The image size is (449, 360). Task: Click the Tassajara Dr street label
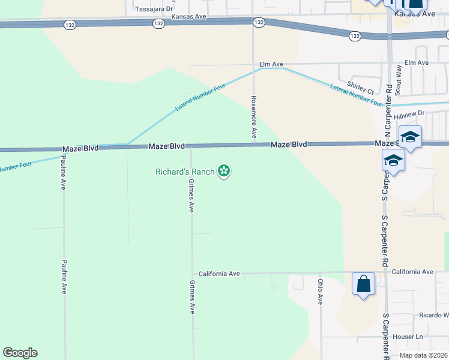pos(154,9)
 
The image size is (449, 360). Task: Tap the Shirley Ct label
pos(361,87)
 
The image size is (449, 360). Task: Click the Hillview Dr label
pos(409,113)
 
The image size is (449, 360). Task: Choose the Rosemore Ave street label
pos(254,117)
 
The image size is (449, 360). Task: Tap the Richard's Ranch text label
pos(185,172)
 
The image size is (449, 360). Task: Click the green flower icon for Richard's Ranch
pos(224,172)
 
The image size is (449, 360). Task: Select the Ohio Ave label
pos(321,290)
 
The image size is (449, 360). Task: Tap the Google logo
pos(20,353)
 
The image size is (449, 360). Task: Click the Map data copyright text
pos(423,355)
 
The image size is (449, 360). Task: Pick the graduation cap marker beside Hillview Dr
pos(411,137)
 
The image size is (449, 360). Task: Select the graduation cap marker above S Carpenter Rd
pos(393,160)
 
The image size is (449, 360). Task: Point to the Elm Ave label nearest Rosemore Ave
pos(271,63)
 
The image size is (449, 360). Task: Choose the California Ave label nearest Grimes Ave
pos(220,274)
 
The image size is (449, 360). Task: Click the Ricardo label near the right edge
pos(434,315)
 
